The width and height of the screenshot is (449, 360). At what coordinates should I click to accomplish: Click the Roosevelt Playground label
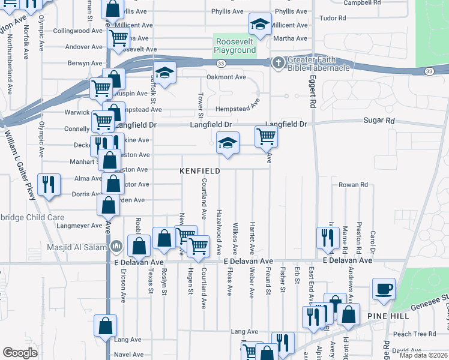235,46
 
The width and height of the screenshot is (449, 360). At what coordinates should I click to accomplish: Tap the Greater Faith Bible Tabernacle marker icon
279,62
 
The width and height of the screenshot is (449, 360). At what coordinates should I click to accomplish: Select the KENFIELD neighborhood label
200,171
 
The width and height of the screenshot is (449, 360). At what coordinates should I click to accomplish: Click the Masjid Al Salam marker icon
116,247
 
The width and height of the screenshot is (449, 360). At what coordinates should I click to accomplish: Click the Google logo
20,352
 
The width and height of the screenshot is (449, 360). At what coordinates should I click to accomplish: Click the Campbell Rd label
363,3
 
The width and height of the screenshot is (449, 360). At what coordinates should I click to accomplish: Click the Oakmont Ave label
226,77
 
